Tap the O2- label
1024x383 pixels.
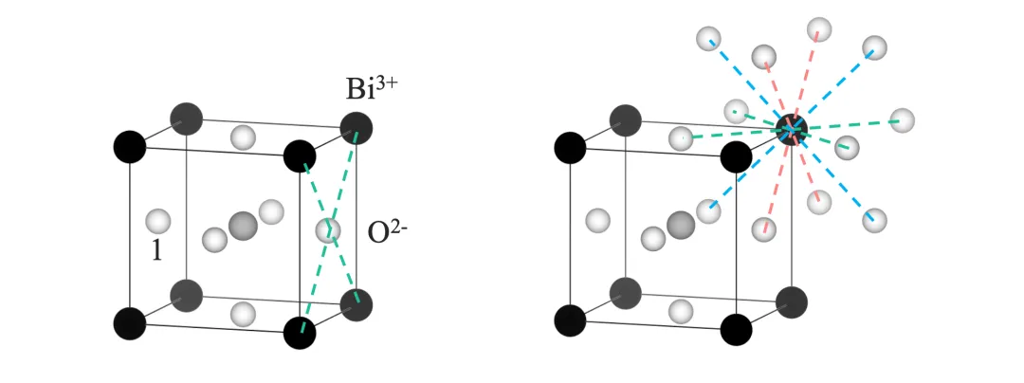(388, 231)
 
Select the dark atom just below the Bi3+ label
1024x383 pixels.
(357, 128)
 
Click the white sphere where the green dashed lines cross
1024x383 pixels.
(328, 230)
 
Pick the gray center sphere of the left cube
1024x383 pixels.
(243, 226)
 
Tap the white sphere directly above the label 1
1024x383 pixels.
(157, 221)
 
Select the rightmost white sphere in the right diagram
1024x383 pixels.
(902, 120)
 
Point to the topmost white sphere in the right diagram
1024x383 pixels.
(819, 29)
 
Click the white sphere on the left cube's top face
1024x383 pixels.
(243, 137)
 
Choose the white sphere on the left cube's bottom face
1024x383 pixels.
(243, 314)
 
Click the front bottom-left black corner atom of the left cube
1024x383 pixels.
(129, 322)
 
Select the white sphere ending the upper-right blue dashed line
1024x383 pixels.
(874, 47)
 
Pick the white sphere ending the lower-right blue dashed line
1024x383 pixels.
(874, 221)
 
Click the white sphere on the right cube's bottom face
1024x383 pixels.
(681, 310)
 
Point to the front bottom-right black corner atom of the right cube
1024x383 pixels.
(736, 329)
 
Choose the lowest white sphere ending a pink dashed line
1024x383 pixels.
(763, 228)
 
